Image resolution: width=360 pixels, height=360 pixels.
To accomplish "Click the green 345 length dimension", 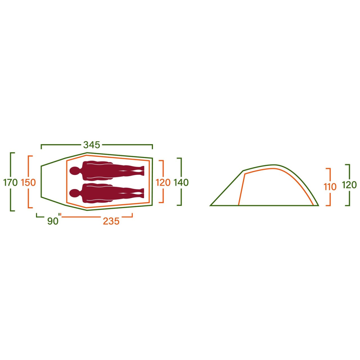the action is pyautogui.click(x=91, y=145).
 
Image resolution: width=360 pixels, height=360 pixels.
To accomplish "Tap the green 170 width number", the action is pyautogui.click(x=10, y=183).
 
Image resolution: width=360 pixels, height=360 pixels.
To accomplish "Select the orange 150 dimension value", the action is pyautogui.click(x=28, y=183).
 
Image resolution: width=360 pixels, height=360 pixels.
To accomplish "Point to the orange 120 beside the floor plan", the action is pyautogui.click(x=163, y=183).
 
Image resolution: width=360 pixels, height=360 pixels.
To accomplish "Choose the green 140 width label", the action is pyautogui.click(x=181, y=183).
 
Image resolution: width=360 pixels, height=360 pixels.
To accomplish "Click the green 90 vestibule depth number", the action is pyautogui.click(x=53, y=221).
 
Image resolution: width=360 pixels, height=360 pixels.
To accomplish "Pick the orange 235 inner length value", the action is pyautogui.click(x=111, y=221).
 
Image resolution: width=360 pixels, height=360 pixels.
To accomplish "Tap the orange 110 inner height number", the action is pyautogui.click(x=330, y=187).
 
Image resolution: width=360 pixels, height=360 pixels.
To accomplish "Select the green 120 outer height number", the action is pyautogui.click(x=349, y=185).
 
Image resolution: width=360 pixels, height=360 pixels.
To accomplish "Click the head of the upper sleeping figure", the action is pyautogui.click(x=75, y=171).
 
